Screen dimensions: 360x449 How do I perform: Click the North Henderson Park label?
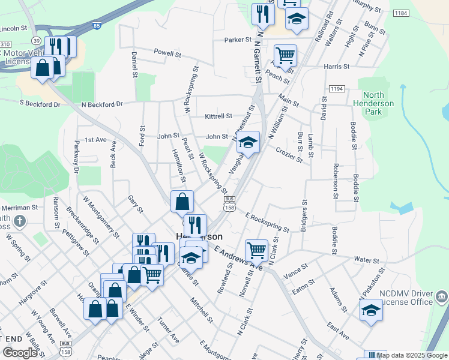click(x=378, y=103)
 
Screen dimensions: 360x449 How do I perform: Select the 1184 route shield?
click(x=401, y=13)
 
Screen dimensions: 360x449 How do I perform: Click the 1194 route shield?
click(x=337, y=89)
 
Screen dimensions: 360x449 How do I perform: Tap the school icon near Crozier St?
click(x=248, y=143)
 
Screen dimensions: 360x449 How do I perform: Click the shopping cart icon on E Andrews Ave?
click(x=256, y=249)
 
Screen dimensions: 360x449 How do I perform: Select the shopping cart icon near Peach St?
click(x=286, y=55)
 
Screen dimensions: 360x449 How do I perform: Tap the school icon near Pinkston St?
click(x=371, y=310)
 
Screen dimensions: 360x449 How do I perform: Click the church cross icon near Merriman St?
click(x=20, y=222)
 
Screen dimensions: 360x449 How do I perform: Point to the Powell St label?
click(x=167, y=54)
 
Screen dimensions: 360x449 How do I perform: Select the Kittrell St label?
click(x=218, y=116)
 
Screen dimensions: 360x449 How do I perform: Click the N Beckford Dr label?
click(x=101, y=104)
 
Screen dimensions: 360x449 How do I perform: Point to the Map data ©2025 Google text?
click(x=412, y=355)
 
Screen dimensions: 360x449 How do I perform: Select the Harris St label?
click(x=336, y=67)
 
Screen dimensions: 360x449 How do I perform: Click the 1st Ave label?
click(x=95, y=140)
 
